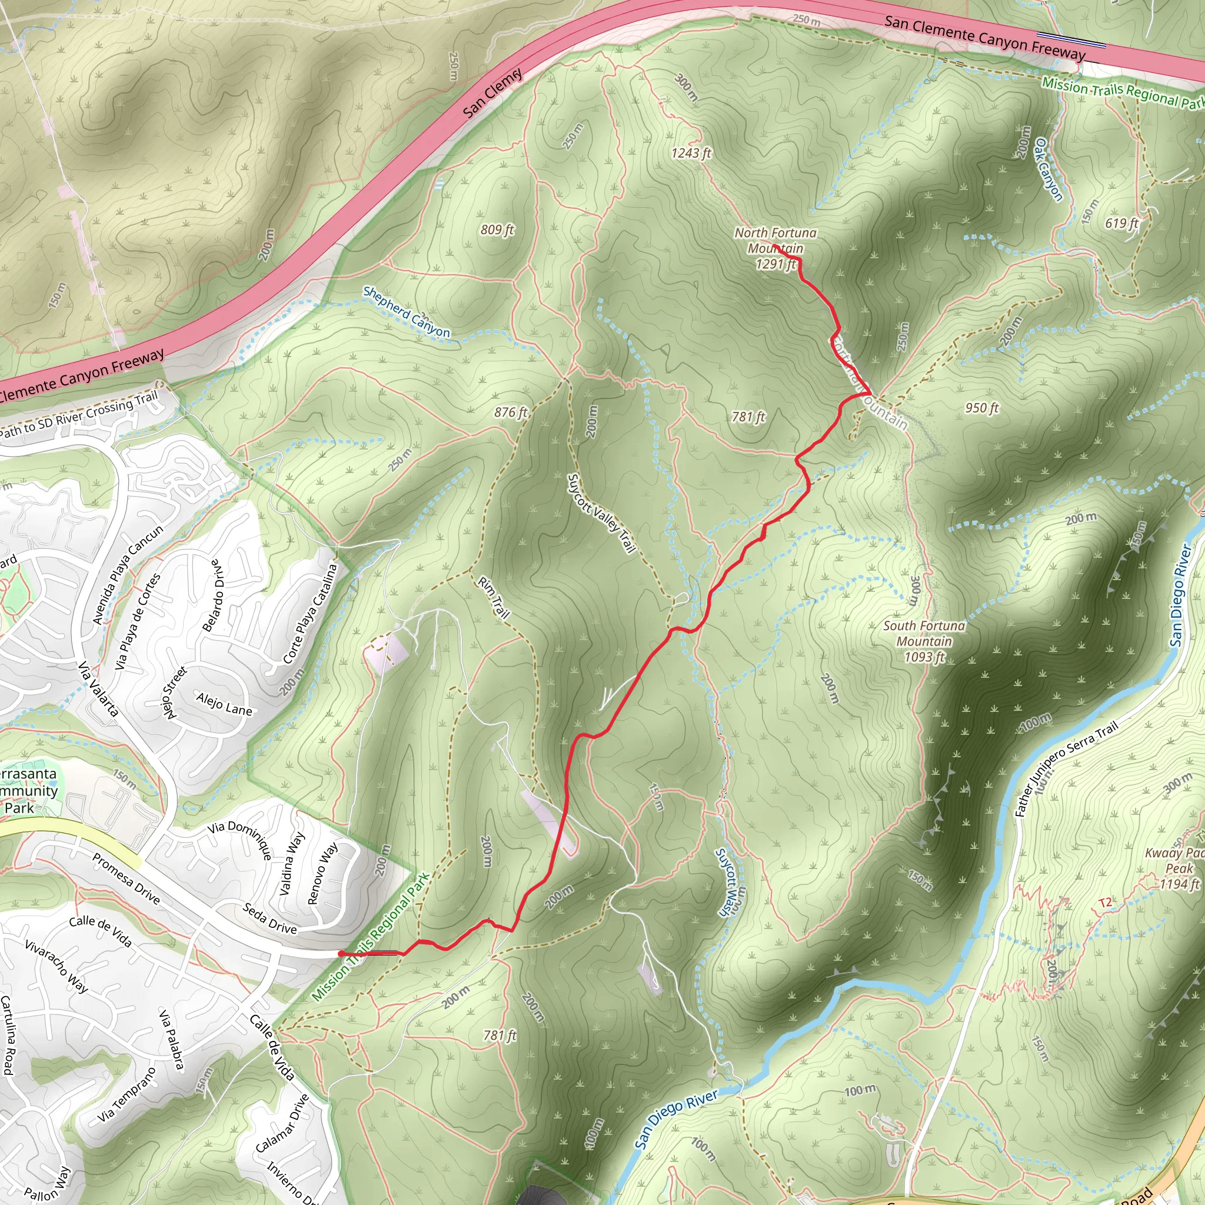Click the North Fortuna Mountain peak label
775,248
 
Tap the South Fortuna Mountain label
924,641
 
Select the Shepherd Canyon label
406,311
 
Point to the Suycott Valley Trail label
601,513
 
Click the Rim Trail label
493,597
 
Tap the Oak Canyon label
1048,169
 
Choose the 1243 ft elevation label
691,153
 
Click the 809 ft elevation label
497,229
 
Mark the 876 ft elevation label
511,412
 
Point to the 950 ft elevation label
982,408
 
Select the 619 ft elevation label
1121,223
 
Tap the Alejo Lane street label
224,704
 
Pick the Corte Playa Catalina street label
310,614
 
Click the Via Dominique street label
240,840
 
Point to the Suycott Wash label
727,881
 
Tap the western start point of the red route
340,954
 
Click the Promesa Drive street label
126,878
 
